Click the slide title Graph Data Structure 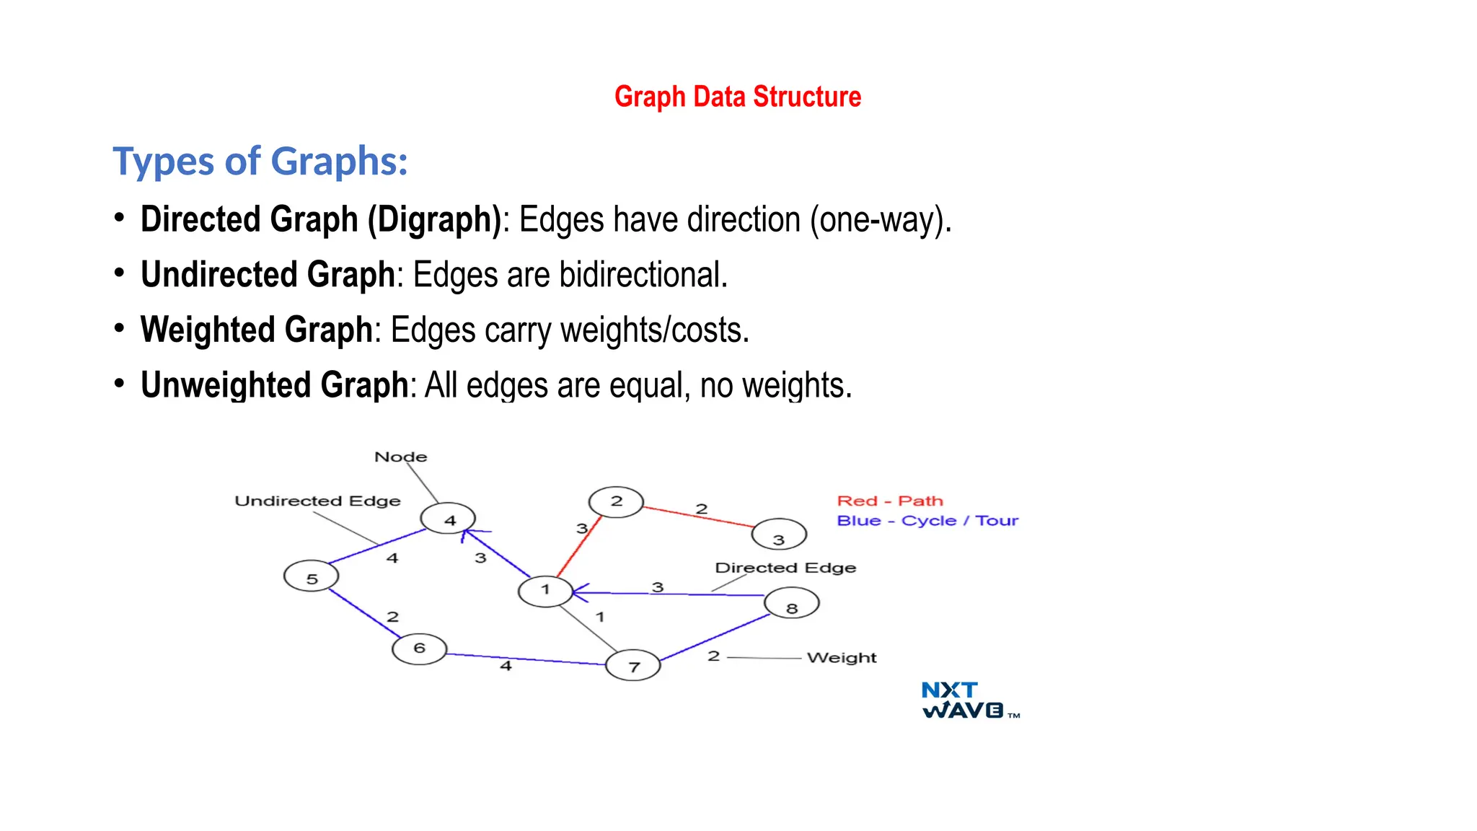[738, 97]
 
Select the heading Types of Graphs [260, 161]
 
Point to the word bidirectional [643, 275]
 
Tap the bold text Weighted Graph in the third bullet [257, 330]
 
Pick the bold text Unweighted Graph [275, 385]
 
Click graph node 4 [449, 519]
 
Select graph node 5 [312, 577]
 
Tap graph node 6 [419, 648]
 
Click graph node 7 [633, 666]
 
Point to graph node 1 [545, 591]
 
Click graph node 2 [616, 501]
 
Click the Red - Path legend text [890, 501]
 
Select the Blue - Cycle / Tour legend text [927, 520]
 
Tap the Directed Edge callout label [785, 568]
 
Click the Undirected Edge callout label [317, 501]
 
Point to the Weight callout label [842, 657]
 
